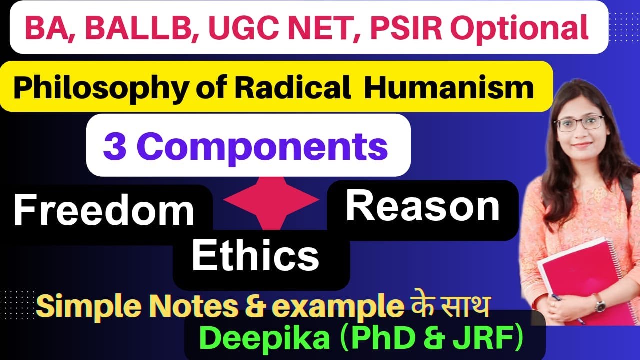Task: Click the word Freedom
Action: click(x=103, y=211)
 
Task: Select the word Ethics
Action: click(x=255, y=256)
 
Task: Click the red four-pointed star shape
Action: click(x=271, y=200)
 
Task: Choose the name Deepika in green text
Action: click(x=267, y=339)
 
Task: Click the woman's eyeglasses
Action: click(x=579, y=122)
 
